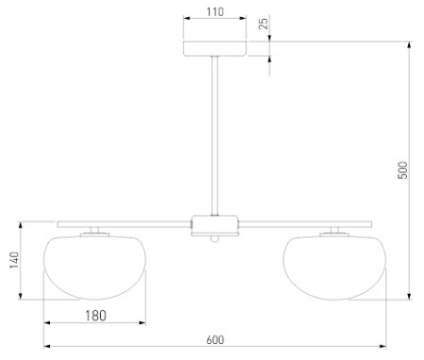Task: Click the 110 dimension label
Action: pyautogui.click(x=215, y=12)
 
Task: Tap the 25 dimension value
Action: pyautogui.click(x=264, y=24)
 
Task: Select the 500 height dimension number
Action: pyautogui.click(x=402, y=171)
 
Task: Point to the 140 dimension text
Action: pyautogui.click(x=14, y=260)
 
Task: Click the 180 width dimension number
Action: pyautogui.click(x=96, y=316)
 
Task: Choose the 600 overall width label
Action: pyautogui.click(x=216, y=340)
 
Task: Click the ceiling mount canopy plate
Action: pyautogui.click(x=215, y=48)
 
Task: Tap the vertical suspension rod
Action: pyautogui.click(x=215, y=136)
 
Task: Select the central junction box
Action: pyautogui.click(x=215, y=225)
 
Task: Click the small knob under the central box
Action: pyautogui.click(x=215, y=239)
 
